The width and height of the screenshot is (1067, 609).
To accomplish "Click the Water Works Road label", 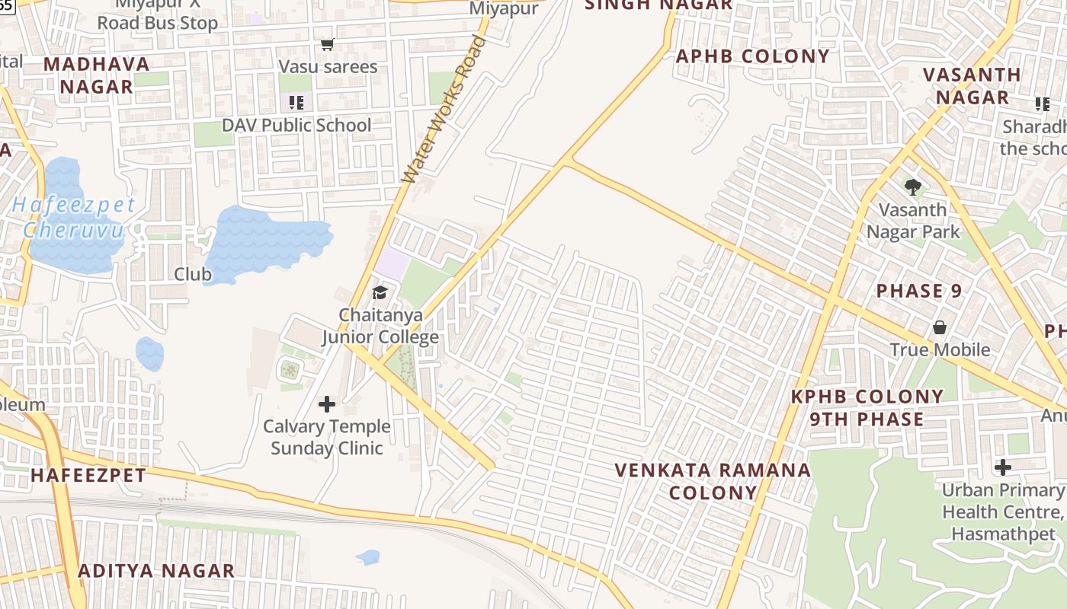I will [444, 110].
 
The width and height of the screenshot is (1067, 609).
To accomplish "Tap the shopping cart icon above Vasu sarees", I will [328, 45].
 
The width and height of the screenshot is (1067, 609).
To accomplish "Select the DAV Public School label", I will [296, 125].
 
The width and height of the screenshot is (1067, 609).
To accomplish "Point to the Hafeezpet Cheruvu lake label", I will [73, 217].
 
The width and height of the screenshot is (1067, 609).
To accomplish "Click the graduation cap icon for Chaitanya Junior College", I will [379, 292].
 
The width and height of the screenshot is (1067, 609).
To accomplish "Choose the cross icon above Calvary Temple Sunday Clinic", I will [327, 404].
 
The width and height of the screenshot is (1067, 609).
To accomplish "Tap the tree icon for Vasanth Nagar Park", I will [912, 187].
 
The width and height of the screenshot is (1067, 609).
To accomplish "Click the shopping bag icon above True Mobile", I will [940, 327].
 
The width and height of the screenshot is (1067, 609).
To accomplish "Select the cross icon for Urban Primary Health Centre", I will [1003, 467].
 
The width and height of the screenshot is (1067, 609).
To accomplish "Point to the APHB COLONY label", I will [752, 56].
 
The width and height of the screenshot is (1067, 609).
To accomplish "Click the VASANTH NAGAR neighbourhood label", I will [972, 86].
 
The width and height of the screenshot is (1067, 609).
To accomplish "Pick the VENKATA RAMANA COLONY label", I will [713, 481].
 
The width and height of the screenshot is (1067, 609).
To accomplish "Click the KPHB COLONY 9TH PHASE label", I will [867, 407].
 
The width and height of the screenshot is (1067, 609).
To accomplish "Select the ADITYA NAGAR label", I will [156, 571].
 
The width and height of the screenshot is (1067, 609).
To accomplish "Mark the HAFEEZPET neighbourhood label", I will [88, 476].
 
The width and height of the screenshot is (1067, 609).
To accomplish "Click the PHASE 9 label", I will [918, 291].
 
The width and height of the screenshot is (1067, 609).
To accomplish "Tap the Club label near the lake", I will [193, 274].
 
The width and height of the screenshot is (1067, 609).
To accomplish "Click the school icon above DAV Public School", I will [296, 102].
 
